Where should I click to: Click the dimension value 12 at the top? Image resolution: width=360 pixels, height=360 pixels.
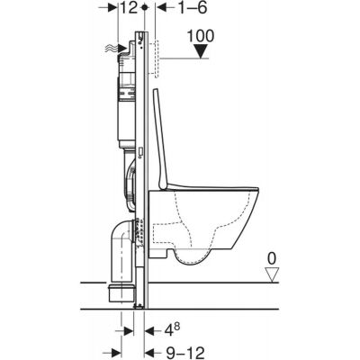coord(127,8)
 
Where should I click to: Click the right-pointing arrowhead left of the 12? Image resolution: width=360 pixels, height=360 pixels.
coord(111,9)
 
